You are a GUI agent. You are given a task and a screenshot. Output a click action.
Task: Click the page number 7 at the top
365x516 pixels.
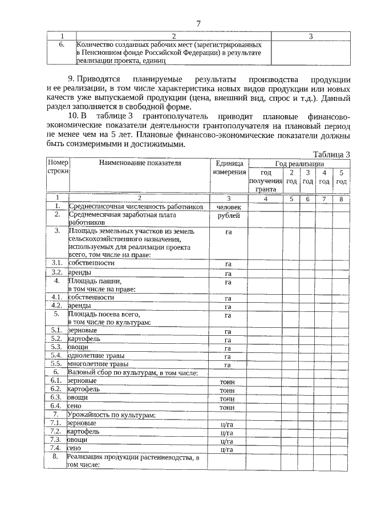(198, 23)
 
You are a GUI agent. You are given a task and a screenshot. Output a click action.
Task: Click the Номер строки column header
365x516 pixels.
(57, 166)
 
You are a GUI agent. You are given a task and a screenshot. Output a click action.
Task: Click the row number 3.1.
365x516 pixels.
(56, 263)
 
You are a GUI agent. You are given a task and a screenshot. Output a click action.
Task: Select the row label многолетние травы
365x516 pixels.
(98, 364)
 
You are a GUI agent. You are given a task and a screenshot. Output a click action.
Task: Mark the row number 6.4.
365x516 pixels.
(56, 406)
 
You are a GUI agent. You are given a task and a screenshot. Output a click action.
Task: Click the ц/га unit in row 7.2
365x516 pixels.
(228, 432)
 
